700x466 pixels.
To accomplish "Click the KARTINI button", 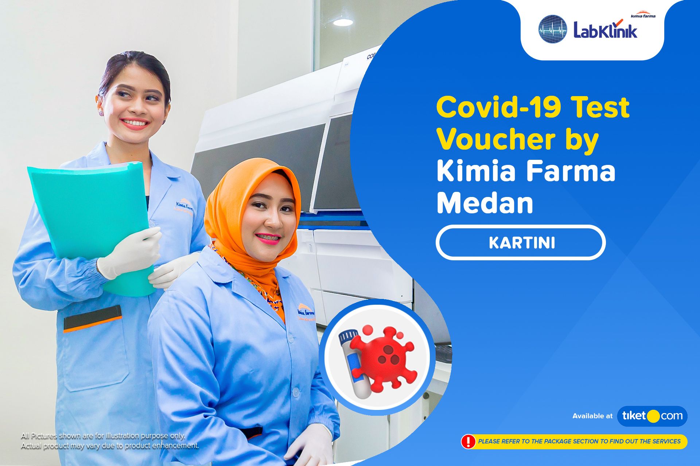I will [x=521, y=243].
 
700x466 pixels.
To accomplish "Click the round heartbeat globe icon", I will [x=553, y=29].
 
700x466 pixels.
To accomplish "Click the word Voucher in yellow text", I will [x=496, y=139].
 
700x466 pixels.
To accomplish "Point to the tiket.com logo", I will [x=652, y=416].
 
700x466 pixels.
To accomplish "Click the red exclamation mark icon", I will [x=468, y=441].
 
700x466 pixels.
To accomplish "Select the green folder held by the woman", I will [x=91, y=218].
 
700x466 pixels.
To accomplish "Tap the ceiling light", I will [x=343, y=22].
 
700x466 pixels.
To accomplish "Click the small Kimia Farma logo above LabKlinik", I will [x=643, y=16].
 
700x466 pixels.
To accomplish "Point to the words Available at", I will [x=592, y=416].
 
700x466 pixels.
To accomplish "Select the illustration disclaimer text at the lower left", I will [x=109, y=441].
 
